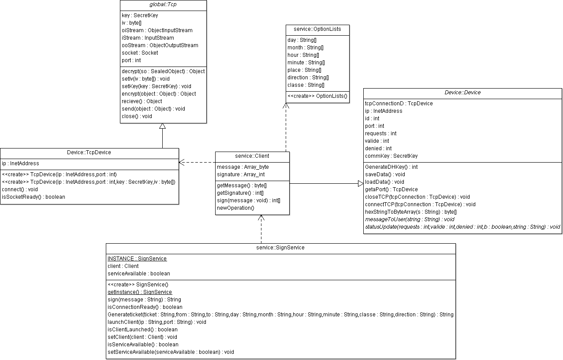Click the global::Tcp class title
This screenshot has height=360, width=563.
(163, 5)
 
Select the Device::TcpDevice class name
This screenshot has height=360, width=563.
(89, 152)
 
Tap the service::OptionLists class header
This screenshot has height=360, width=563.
(317, 30)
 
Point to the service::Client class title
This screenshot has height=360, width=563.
(252, 156)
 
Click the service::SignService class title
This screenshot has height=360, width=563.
(280, 248)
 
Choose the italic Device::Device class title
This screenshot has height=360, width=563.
(462, 93)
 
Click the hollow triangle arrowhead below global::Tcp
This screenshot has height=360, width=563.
(163, 126)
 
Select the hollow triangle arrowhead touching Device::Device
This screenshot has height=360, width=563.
(360, 184)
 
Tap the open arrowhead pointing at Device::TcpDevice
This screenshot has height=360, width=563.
(181, 163)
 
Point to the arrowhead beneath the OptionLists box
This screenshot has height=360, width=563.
(286, 106)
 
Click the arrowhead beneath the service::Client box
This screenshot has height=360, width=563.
(261, 218)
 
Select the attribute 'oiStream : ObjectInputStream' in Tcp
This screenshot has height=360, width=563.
(157, 30)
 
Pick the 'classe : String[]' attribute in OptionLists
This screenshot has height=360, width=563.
(306, 85)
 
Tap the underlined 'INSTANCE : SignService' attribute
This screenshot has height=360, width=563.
(137, 259)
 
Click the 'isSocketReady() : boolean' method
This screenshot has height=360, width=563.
(34, 197)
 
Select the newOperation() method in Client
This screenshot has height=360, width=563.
(235, 208)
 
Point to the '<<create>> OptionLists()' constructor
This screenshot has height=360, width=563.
(317, 96)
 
